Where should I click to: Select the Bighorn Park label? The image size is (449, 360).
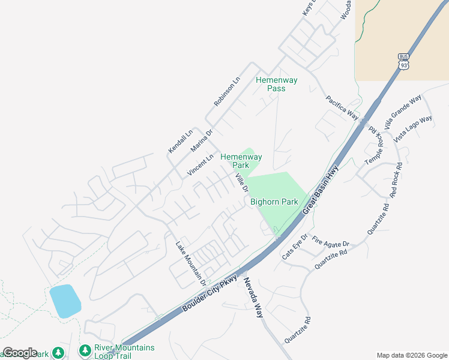(x=274, y=202)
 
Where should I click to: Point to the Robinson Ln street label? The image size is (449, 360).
(x=227, y=92)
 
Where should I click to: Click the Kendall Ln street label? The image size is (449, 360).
(x=180, y=140)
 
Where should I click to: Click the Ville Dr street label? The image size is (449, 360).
(x=242, y=182)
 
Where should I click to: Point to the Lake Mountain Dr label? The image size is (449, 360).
(x=190, y=263)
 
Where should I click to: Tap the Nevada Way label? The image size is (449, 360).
(x=253, y=298)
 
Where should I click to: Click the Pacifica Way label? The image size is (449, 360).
(x=342, y=107)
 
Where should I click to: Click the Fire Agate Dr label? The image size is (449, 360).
(x=331, y=243)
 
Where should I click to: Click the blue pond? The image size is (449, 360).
(x=65, y=301)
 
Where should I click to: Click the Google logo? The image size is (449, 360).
(x=20, y=353)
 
